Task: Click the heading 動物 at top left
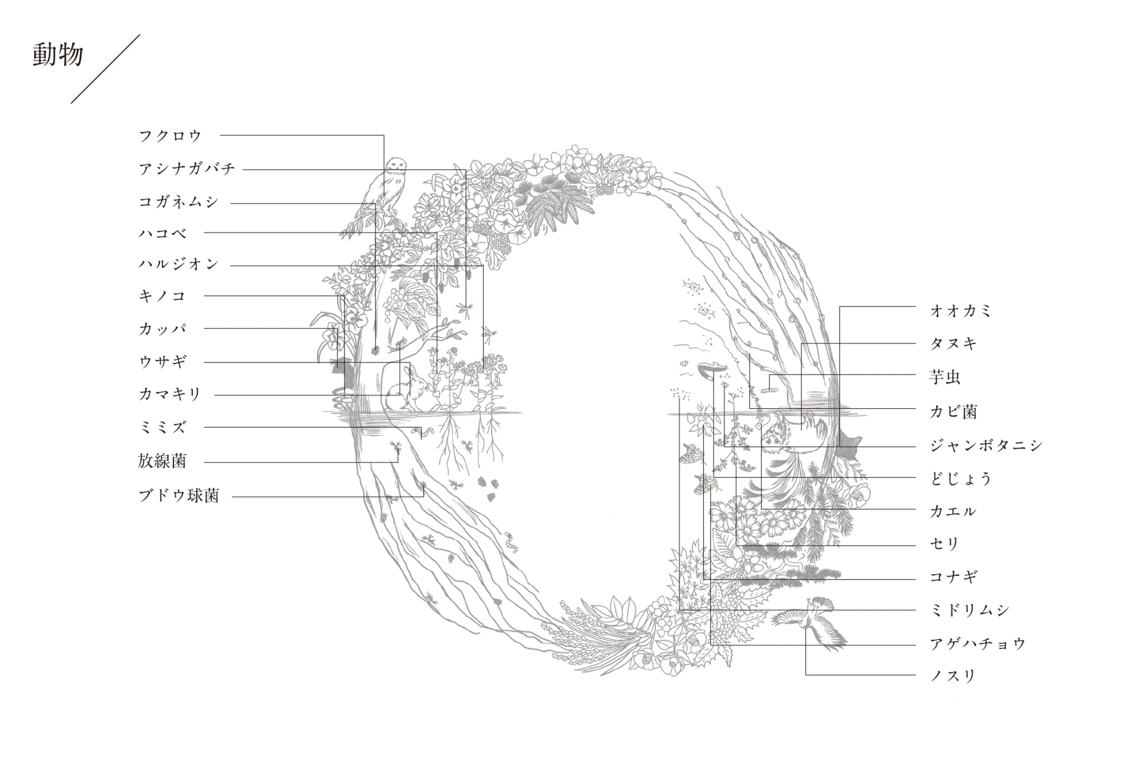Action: point(58,55)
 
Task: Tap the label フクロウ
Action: point(170,136)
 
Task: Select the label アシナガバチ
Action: point(187,169)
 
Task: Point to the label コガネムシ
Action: point(179,202)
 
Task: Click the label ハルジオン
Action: point(179,264)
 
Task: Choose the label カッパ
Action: point(162,329)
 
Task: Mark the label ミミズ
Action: point(162,427)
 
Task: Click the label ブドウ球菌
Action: point(179,496)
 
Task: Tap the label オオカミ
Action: point(960,311)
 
